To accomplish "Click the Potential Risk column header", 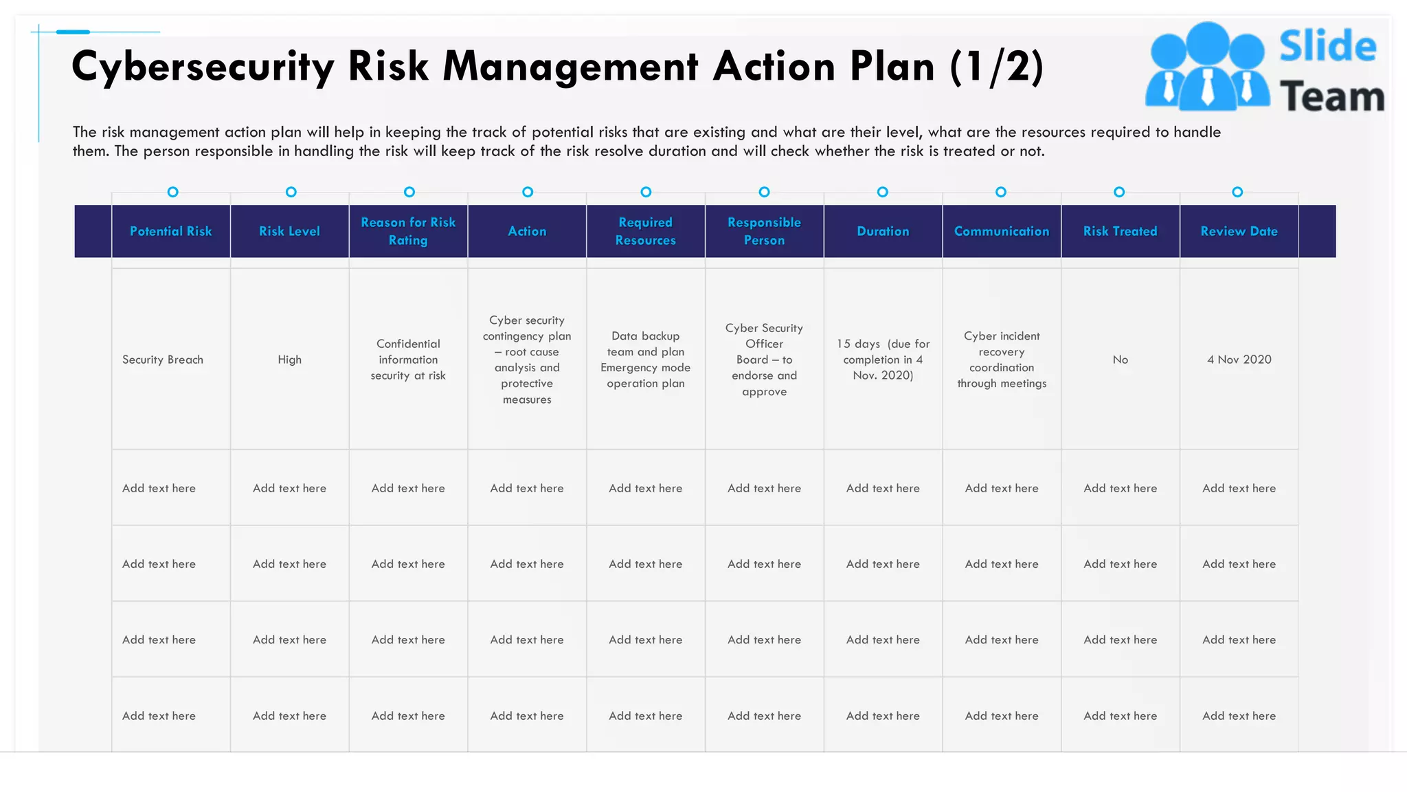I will point(170,232).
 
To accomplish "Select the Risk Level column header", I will point(289,232).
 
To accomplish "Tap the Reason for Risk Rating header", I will point(408,232).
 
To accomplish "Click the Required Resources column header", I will point(645,232).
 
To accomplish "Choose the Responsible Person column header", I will point(764,232).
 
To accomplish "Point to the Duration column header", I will point(883,232).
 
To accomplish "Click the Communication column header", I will point(1002,232).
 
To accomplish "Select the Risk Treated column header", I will point(1120,232).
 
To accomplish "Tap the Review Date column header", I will point(1239,232).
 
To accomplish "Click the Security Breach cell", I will point(163,360).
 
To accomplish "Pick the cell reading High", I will point(289,360).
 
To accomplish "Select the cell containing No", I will point(1120,360).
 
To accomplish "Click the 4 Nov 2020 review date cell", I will point(1239,360).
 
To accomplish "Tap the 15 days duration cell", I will point(883,360).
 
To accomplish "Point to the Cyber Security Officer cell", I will point(764,360).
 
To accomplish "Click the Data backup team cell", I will point(645,360).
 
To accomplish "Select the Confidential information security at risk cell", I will point(408,360).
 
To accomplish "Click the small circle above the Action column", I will point(528,192).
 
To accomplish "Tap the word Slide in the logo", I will point(1327,47).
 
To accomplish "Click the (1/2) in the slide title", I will point(996,67).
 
